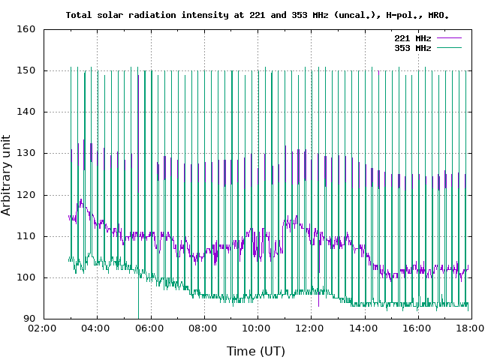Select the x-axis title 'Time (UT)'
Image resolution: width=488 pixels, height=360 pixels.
coord(256,350)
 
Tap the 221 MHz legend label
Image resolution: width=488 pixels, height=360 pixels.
coord(412,38)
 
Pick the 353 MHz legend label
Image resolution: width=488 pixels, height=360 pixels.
coord(412,48)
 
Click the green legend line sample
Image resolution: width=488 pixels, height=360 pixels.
coord(447,48)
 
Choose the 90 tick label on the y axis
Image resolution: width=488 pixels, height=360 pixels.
coord(29,319)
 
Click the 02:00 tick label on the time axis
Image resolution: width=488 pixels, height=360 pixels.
coord(44,329)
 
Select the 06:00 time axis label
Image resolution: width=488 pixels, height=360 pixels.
coord(150,329)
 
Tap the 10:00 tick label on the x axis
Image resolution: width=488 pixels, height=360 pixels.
coord(257,329)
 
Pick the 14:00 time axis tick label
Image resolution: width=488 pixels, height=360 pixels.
coord(363,329)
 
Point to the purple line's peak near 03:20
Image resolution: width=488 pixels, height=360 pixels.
coord(80,200)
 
